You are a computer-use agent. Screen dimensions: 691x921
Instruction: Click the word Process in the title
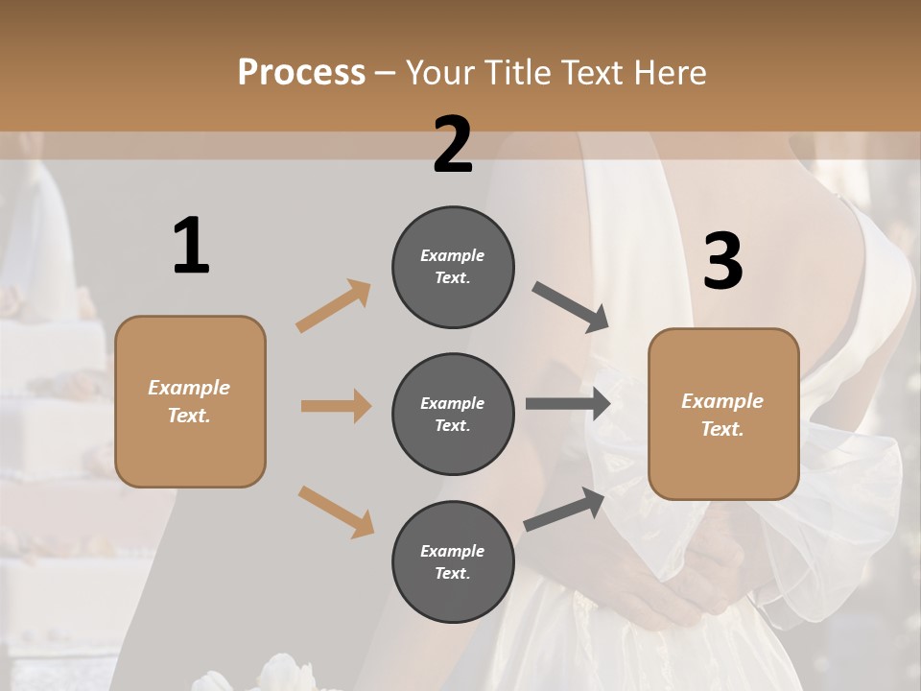point(301,73)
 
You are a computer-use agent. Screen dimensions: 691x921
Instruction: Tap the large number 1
point(191,246)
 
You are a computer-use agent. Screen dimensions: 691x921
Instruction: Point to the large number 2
point(453,145)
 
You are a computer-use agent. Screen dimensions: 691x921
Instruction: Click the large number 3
point(723,262)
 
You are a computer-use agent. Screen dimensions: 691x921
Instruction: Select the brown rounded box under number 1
point(190,401)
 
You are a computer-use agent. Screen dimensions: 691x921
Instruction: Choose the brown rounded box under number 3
point(723,415)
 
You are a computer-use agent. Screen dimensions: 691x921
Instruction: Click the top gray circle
point(453,267)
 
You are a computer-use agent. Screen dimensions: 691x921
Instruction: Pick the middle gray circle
point(453,414)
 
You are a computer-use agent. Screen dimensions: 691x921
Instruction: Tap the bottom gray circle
point(453,561)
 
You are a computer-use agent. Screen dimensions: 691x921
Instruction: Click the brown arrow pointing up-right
point(333,306)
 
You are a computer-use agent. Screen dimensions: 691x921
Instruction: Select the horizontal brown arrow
point(336,406)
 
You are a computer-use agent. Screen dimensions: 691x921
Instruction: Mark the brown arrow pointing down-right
point(336,511)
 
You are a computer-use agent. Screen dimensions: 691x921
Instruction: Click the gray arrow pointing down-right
point(571,307)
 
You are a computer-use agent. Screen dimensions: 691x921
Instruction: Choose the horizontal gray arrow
point(568,404)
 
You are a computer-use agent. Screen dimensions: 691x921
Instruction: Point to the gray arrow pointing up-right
point(564,510)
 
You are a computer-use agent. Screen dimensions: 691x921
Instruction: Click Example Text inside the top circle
point(453,267)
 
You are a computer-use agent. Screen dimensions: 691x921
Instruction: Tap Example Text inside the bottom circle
point(453,561)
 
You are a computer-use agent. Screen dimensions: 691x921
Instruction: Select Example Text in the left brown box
point(190,401)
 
